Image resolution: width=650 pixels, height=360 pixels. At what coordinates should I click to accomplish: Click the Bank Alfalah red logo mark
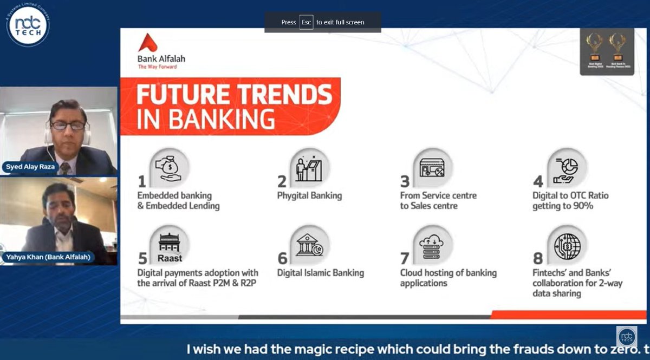coord(147,43)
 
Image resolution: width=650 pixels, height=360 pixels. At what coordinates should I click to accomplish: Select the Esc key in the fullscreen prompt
coord(306,22)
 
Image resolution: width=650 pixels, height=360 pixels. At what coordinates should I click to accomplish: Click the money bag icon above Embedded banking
coord(170,168)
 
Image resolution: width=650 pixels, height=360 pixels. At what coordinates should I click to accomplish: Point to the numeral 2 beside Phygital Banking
coord(282,180)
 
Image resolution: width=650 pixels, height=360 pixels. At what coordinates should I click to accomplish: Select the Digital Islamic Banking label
coord(320,273)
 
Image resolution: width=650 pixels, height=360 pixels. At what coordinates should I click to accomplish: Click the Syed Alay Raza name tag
coord(30,167)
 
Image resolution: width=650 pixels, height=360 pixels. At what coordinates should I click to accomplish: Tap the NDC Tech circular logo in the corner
coord(28,24)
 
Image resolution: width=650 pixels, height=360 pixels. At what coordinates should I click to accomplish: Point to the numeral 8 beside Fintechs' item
coord(538,258)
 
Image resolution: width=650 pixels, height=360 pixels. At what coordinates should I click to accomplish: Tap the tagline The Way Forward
coord(157,67)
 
